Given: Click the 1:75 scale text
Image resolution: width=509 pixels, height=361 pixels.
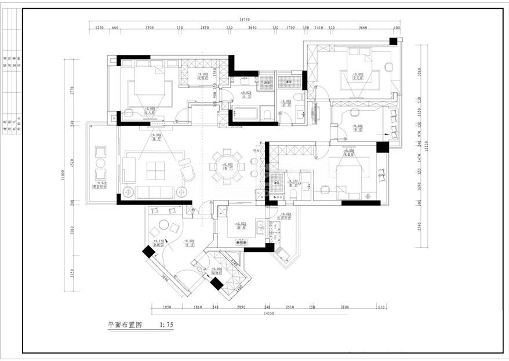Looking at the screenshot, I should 166,326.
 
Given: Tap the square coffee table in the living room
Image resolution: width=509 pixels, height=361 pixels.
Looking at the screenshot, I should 155,170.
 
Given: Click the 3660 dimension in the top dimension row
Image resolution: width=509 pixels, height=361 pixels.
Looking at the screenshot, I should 363,27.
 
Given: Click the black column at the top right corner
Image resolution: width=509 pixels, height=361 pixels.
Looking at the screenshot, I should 394,41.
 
